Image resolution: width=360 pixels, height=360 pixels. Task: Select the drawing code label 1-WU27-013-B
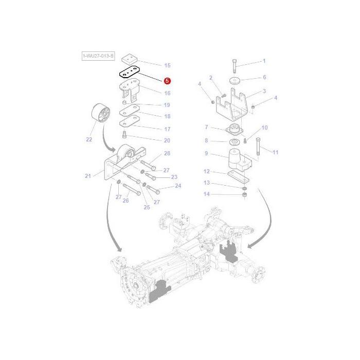(98, 55)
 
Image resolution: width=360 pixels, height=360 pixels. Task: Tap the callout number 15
(167, 66)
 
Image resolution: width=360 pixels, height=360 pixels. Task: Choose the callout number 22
(88, 139)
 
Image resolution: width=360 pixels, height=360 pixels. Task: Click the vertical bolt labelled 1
(235, 66)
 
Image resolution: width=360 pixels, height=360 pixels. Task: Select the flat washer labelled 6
(235, 80)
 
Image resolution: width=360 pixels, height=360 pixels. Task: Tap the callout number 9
(206, 153)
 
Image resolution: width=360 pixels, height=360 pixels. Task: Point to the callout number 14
(207, 194)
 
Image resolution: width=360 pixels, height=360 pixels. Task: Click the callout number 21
(87, 176)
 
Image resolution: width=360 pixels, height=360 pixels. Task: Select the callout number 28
(167, 154)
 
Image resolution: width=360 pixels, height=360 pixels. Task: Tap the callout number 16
(167, 93)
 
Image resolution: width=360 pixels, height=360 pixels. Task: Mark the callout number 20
(167, 140)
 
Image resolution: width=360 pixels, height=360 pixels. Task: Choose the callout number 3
(264, 91)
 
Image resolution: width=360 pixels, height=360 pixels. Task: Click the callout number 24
(178, 186)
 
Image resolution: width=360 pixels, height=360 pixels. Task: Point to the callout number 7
(206, 127)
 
